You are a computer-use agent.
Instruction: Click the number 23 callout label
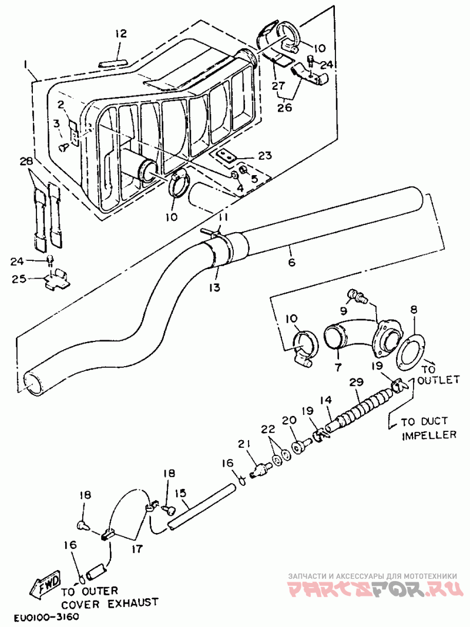click(x=265, y=155)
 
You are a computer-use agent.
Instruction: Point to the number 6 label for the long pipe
click(x=291, y=262)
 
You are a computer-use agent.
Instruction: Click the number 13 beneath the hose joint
click(x=214, y=287)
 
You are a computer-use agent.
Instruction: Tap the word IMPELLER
click(x=429, y=435)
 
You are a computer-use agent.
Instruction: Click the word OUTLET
click(x=438, y=380)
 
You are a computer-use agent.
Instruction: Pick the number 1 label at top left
click(x=26, y=64)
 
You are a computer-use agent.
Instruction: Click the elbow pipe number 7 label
click(x=338, y=367)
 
